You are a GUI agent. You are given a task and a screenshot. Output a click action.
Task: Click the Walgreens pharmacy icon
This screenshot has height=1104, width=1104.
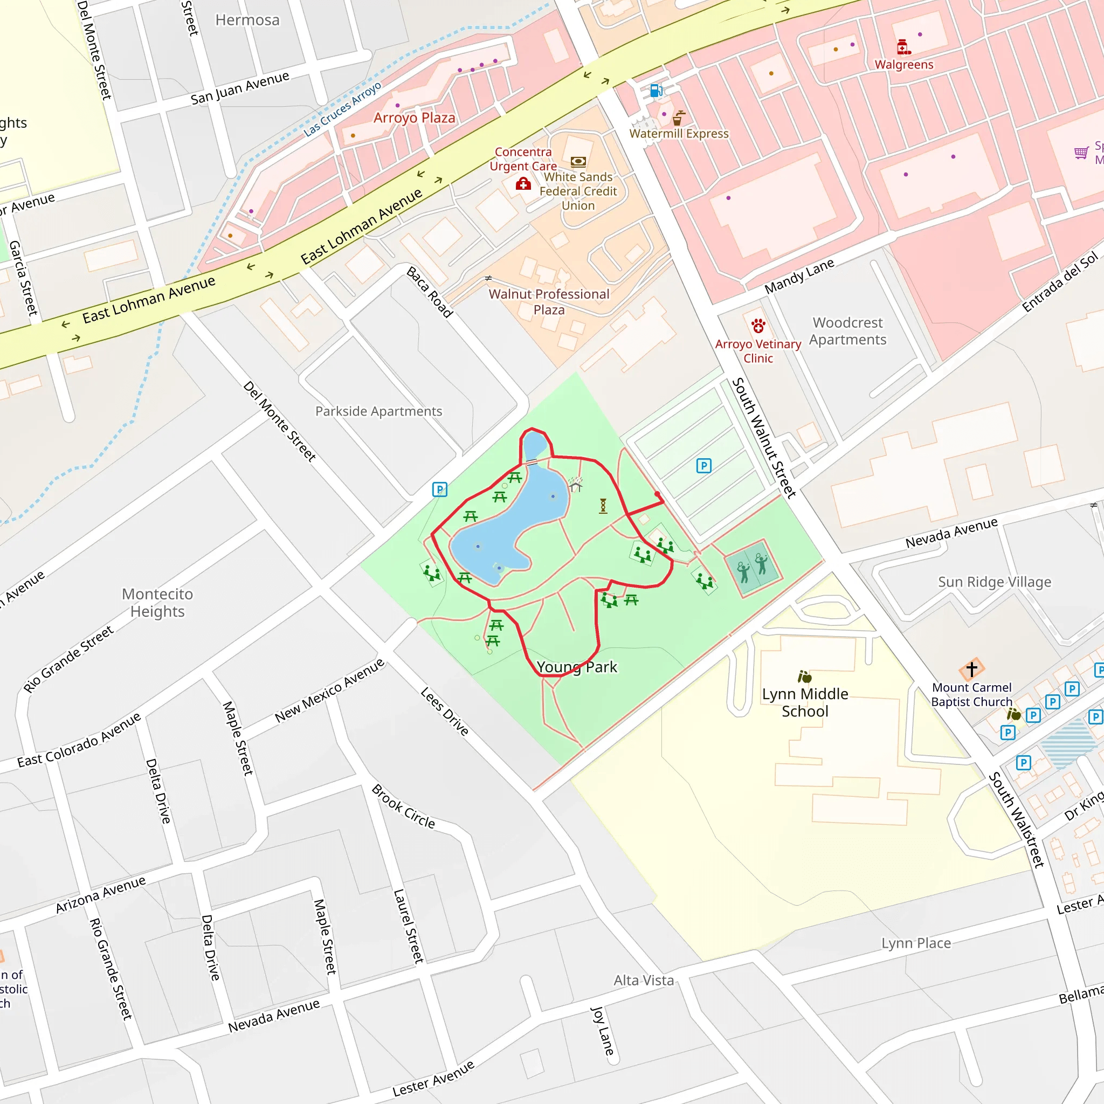[x=903, y=47]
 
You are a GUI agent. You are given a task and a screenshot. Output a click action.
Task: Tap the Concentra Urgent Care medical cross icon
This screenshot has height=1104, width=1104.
[x=523, y=184]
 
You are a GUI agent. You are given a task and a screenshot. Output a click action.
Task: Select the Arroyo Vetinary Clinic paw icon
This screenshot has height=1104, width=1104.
[x=758, y=326]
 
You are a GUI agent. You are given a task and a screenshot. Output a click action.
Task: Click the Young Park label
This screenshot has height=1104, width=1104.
[x=577, y=667]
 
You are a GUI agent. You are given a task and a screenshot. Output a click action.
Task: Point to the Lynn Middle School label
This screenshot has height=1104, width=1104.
[x=805, y=702]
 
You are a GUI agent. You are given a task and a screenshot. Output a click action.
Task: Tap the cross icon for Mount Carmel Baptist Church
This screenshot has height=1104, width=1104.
[x=971, y=668]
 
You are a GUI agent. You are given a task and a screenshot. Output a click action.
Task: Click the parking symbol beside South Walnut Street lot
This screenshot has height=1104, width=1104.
[x=703, y=466]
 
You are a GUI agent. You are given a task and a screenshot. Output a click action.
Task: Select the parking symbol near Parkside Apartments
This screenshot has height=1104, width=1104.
[x=439, y=489]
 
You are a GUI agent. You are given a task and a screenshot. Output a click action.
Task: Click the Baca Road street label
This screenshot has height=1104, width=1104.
[x=430, y=292]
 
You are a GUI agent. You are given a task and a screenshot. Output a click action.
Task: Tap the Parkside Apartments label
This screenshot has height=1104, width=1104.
[x=378, y=411]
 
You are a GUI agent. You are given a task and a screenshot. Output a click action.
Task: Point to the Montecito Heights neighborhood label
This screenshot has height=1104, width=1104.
[x=157, y=602]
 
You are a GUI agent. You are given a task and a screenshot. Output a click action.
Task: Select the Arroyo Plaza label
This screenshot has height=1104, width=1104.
[x=415, y=118]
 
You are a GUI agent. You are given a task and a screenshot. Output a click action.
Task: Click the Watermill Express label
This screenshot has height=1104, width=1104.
[x=679, y=134]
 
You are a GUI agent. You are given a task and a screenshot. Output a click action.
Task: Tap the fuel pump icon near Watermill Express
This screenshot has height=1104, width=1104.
[x=656, y=90]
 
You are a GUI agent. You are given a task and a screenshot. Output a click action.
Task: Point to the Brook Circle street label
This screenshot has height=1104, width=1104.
[x=403, y=806]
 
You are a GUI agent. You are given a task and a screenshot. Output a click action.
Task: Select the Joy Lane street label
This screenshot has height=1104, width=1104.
[x=602, y=1031]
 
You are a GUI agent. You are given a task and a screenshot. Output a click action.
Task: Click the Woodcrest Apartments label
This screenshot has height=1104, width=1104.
[x=847, y=331]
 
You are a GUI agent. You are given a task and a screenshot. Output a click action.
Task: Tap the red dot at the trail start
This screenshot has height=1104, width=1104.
[x=657, y=494]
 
